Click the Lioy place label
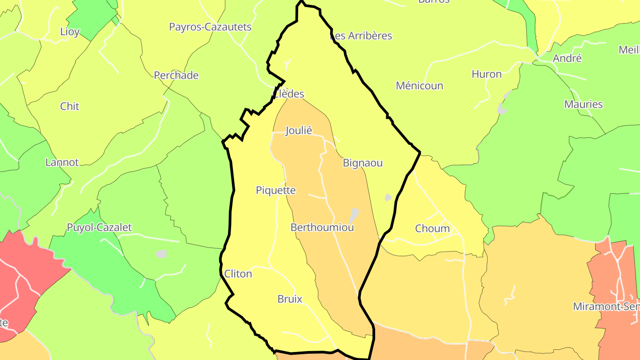pyautogui.click(x=70, y=32)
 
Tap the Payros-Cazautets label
pyautogui.click(x=210, y=27)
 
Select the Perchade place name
pyautogui.click(x=176, y=76)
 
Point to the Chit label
pyautogui.click(x=70, y=106)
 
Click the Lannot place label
pyautogui.click(x=62, y=163)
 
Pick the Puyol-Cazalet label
pyautogui.click(x=99, y=228)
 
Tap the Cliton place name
pyautogui.click(x=238, y=274)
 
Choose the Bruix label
pyautogui.click(x=290, y=299)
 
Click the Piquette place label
pyautogui.click(x=276, y=190)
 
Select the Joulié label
pyautogui.click(x=299, y=131)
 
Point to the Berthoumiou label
pyautogui.click(x=322, y=228)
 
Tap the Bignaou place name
pyautogui.click(x=363, y=163)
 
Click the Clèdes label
pyautogui.click(x=289, y=94)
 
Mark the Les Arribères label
pyautogui.click(x=361, y=36)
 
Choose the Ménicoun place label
pyautogui.click(x=420, y=86)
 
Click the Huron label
pyautogui.click(x=487, y=74)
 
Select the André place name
pyautogui.click(x=567, y=58)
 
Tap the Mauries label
pyautogui.click(x=584, y=104)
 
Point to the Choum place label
pyautogui.click(x=432, y=228)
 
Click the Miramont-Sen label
pyautogui.click(x=606, y=306)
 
